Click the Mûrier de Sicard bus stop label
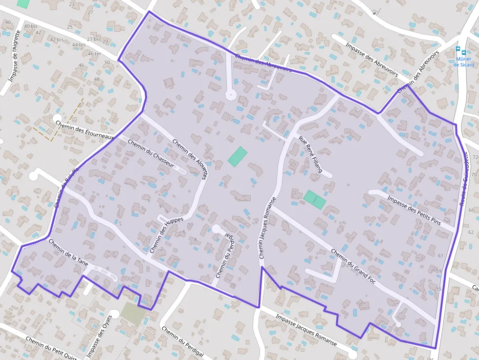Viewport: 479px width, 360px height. (463, 62)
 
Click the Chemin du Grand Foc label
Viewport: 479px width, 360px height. (352, 266)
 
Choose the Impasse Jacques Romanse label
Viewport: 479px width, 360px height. (306, 330)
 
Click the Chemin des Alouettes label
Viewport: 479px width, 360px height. (191, 159)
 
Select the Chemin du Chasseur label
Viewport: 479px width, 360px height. (151, 154)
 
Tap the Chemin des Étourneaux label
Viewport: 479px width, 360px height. (85, 130)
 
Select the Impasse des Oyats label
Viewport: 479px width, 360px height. (99, 337)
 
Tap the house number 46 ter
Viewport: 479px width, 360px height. (94, 54)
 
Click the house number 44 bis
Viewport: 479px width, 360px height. (79, 44)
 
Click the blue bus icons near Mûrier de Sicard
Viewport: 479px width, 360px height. (460, 50)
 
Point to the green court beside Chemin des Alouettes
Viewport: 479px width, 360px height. (238, 156)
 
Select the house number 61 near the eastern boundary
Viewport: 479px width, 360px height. (440, 256)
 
